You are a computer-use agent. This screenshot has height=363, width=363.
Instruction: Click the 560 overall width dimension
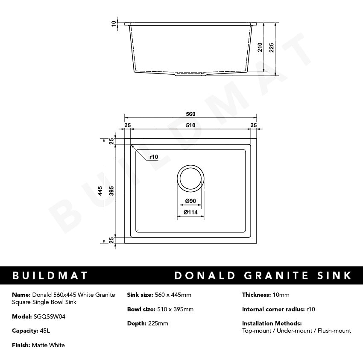pyautogui.click(x=190, y=114)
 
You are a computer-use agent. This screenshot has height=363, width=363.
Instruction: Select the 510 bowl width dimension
pyautogui.click(x=190, y=125)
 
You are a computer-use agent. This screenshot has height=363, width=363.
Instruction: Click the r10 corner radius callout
pyautogui.click(x=154, y=157)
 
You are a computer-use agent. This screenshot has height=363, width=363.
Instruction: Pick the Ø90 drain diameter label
pyautogui.click(x=190, y=201)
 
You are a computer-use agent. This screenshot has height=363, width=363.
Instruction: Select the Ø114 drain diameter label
pyautogui.click(x=190, y=212)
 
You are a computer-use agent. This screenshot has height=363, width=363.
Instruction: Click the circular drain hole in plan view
pyautogui.click(x=190, y=178)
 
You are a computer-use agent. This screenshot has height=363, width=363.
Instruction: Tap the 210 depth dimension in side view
pyautogui.click(x=260, y=47)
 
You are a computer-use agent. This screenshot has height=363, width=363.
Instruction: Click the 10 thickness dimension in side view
pyautogui.click(x=114, y=24)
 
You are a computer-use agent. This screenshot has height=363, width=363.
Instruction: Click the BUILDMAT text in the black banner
pyautogui.click(x=50, y=275)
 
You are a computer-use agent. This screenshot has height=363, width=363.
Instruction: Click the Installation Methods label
pyautogui.click(x=272, y=323)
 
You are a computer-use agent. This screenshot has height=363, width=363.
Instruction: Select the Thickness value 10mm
pyautogui.click(x=281, y=295)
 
